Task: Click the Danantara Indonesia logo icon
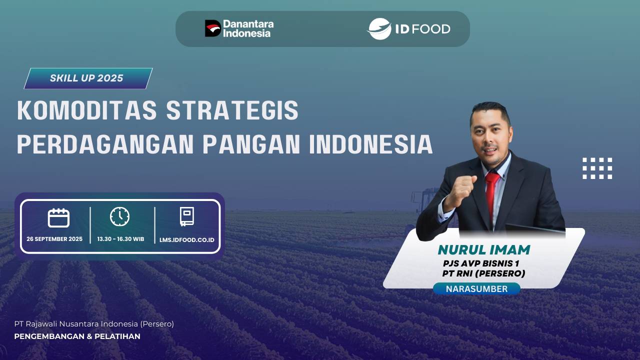point(213,28)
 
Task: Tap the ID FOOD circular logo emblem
point(379,29)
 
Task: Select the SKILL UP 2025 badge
point(87,78)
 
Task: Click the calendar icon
point(58,218)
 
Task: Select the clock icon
point(119,216)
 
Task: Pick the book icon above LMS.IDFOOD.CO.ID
point(186,216)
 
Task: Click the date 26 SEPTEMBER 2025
point(54,239)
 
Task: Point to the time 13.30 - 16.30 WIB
point(120,239)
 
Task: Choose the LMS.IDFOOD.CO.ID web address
point(187,239)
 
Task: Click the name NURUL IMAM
point(483,249)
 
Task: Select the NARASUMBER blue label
point(476,289)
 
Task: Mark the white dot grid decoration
point(597,168)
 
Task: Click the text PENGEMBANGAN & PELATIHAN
point(77,336)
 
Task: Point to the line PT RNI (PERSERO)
point(483,273)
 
